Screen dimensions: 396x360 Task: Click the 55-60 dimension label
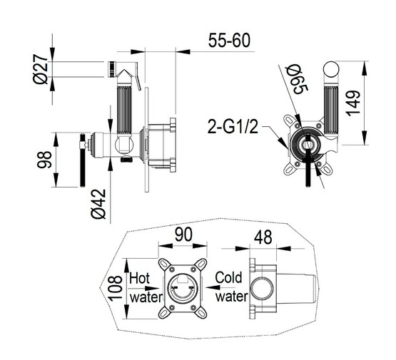point(229,41)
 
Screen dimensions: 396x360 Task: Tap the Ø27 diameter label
point(41,68)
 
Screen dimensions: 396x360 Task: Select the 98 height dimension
point(44,160)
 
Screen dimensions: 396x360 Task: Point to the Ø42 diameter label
point(98,204)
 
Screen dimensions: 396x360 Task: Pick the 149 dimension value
point(352,103)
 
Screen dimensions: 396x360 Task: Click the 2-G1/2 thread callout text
point(233,126)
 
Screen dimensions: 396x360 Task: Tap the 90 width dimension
point(183,235)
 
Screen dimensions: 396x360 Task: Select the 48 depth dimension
point(263,237)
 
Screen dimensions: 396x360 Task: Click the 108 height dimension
point(115,288)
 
